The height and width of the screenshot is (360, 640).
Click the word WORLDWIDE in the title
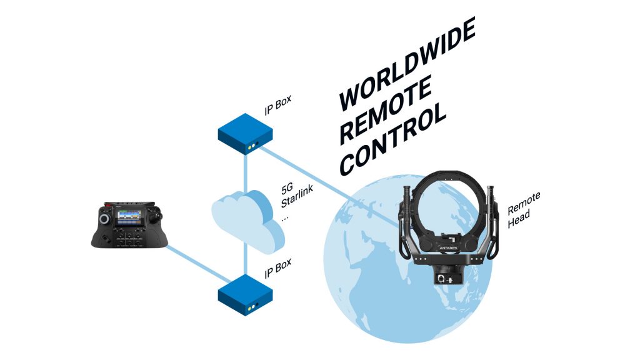tap(407, 63)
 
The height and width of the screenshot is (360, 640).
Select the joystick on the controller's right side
tap(159, 214)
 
